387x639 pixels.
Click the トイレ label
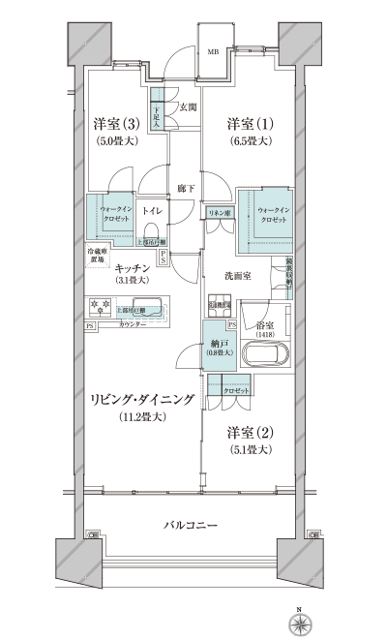coord(153,208)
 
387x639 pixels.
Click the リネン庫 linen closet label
coord(218,211)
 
